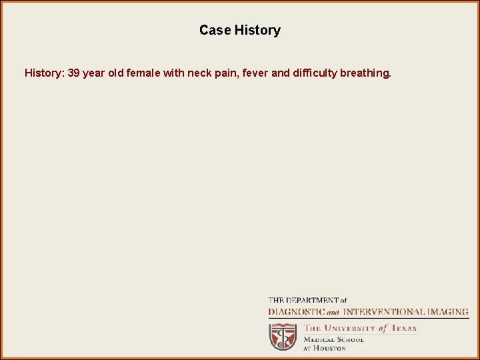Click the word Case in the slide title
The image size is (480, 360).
click(215, 31)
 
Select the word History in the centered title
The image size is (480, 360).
click(257, 31)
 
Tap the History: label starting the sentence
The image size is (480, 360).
click(45, 73)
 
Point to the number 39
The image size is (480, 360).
click(74, 73)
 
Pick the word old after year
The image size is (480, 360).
click(117, 73)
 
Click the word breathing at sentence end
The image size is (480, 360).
click(365, 73)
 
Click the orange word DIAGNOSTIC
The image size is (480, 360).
click(296, 311)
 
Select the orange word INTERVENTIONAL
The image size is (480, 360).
click(383, 311)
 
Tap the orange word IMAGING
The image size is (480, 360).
click(447, 311)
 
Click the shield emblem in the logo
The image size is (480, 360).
click(283, 337)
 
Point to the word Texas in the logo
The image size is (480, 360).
click(403, 328)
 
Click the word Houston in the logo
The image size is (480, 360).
click(330, 348)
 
